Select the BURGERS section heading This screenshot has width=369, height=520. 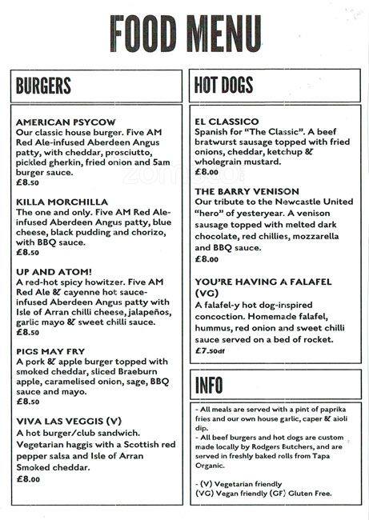[x=43, y=86]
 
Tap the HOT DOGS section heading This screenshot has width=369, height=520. [x=223, y=86]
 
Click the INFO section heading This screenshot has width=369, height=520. [x=209, y=385]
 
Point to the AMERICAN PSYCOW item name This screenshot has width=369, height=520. [x=66, y=121]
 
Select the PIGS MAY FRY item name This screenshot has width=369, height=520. [x=53, y=350]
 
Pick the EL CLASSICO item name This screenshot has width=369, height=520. [x=227, y=121]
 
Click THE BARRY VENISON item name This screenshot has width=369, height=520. [x=247, y=191]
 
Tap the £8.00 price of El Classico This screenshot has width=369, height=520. [x=207, y=171]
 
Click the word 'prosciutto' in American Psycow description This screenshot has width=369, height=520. [x=130, y=151]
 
